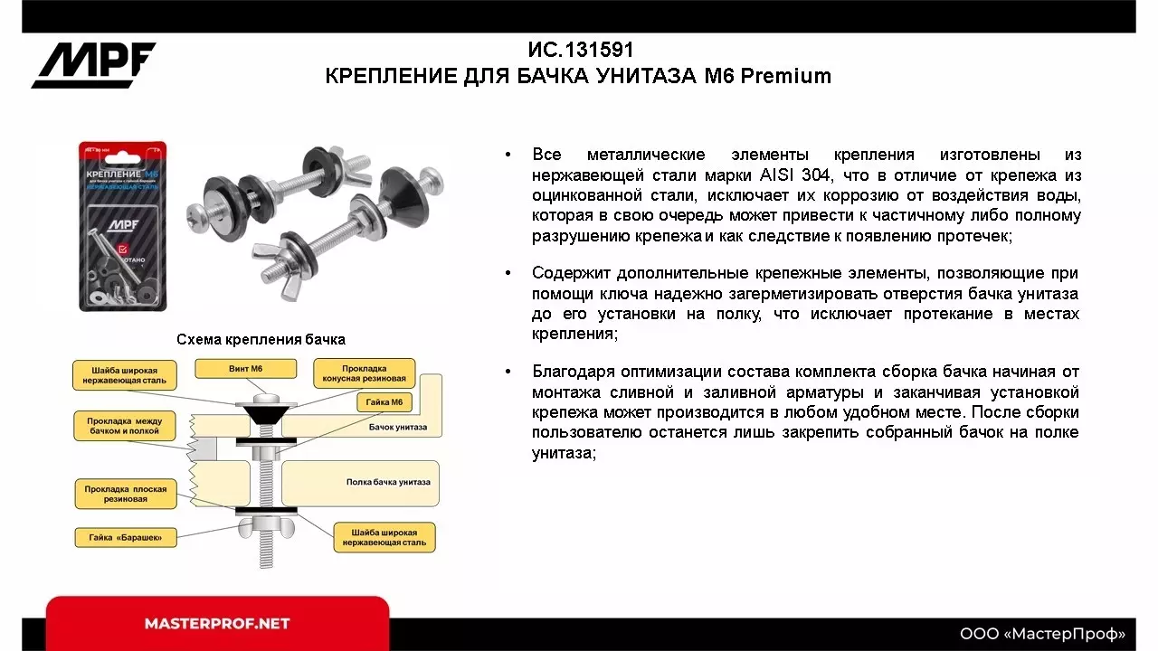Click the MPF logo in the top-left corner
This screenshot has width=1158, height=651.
[x=94, y=64]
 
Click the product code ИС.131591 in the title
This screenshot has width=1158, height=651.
[x=580, y=50]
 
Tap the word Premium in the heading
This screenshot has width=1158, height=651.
[x=786, y=76]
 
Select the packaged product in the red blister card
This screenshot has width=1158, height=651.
[x=122, y=226]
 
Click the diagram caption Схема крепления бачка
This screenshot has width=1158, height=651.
[x=261, y=340]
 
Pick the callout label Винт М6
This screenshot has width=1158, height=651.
[x=246, y=369]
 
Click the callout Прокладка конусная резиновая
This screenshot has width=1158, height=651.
[x=365, y=373]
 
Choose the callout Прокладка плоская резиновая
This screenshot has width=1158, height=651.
[x=128, y=494]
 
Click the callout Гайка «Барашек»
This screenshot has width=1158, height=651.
[x=125, y=537]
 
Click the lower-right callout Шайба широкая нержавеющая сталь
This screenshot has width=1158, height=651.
[x=384, y=537]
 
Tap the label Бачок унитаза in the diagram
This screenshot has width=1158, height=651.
[x=398, y=427]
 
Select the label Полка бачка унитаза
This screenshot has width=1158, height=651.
[x=388, y=482]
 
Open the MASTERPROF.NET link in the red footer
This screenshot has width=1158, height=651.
[x=217, y=624]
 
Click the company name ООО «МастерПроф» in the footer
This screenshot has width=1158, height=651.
[x=1042, y=633]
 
